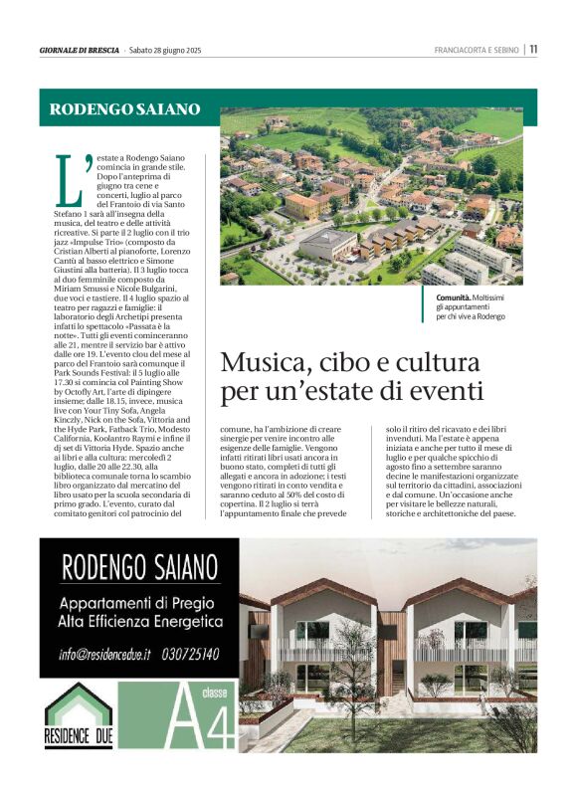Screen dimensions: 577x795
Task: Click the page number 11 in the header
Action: click(533, 49)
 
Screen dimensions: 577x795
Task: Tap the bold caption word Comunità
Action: click(457, 298)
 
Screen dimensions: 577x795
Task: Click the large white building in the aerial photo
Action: click(328, 246)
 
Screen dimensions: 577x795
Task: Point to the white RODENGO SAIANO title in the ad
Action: click(139, 567)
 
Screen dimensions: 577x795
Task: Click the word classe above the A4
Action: click(214, 694)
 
